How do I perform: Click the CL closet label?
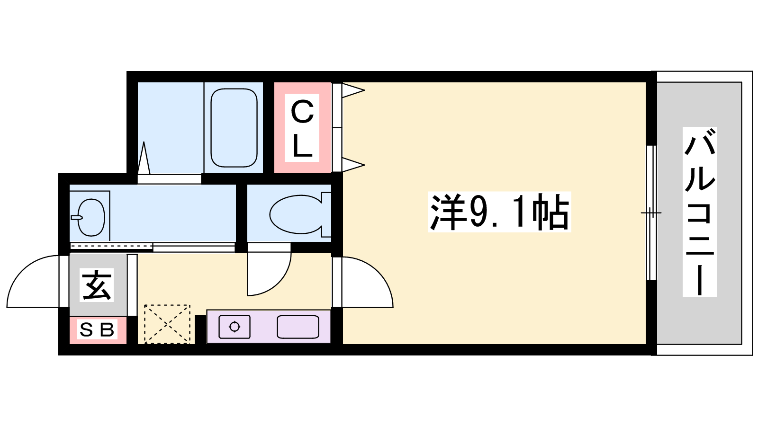[x=302, y=128]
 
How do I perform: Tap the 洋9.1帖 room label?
[x=499, y=212]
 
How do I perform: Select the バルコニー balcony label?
[x=700, y=212]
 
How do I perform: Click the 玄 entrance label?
[x=97, y=284]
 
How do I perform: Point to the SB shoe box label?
[x=97, y=329]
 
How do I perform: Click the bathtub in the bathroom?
[x=234, y=128]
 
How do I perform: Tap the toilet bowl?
[x=296, y=214]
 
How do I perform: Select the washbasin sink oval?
[x=91, y=217]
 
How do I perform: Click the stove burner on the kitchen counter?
[x=235, y=327]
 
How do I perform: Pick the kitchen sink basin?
[x=298, y=327]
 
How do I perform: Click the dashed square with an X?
[x=167, y=324]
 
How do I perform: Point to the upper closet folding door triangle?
[x=353, y=90]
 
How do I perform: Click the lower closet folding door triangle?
[x=353, y=165]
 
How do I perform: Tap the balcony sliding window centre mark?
[x=651, y=213]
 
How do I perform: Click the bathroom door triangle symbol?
[x=144, y=158]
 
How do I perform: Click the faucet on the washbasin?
[x=76, y=217]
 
